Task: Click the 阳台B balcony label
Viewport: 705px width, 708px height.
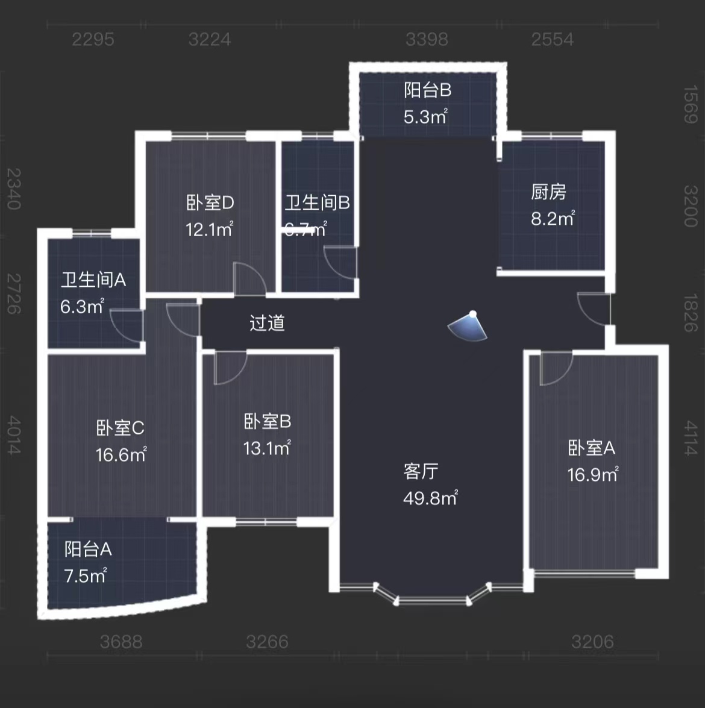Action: tap(427, 90)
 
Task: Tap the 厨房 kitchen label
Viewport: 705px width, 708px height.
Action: tap(548, 192)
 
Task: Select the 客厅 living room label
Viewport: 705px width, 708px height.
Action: tap(421, 471)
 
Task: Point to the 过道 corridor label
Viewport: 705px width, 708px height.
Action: tap(267, 323)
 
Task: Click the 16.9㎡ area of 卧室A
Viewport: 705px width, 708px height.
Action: tap(592, 475)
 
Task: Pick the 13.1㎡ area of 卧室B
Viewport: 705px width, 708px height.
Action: tap(267, 448)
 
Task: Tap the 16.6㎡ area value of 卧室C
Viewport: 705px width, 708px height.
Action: tap(121, 455)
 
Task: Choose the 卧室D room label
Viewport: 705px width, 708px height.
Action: tap(210, 202)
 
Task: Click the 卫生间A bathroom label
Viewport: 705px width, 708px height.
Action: tap(93, 280)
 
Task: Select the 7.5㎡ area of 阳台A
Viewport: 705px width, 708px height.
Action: tap(85, 576)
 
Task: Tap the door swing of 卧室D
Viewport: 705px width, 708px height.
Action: tap(249, 279)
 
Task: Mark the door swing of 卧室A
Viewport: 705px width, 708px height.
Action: tap(555, 369)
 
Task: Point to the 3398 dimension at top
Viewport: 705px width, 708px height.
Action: tap(427, 39)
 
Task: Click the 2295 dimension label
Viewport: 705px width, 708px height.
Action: tap(93, 39)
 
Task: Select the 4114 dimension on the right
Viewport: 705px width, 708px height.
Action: tap(691, 438)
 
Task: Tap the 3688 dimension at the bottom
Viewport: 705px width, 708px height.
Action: tap(121, 642)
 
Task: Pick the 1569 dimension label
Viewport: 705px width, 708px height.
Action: tap(691, 104)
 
